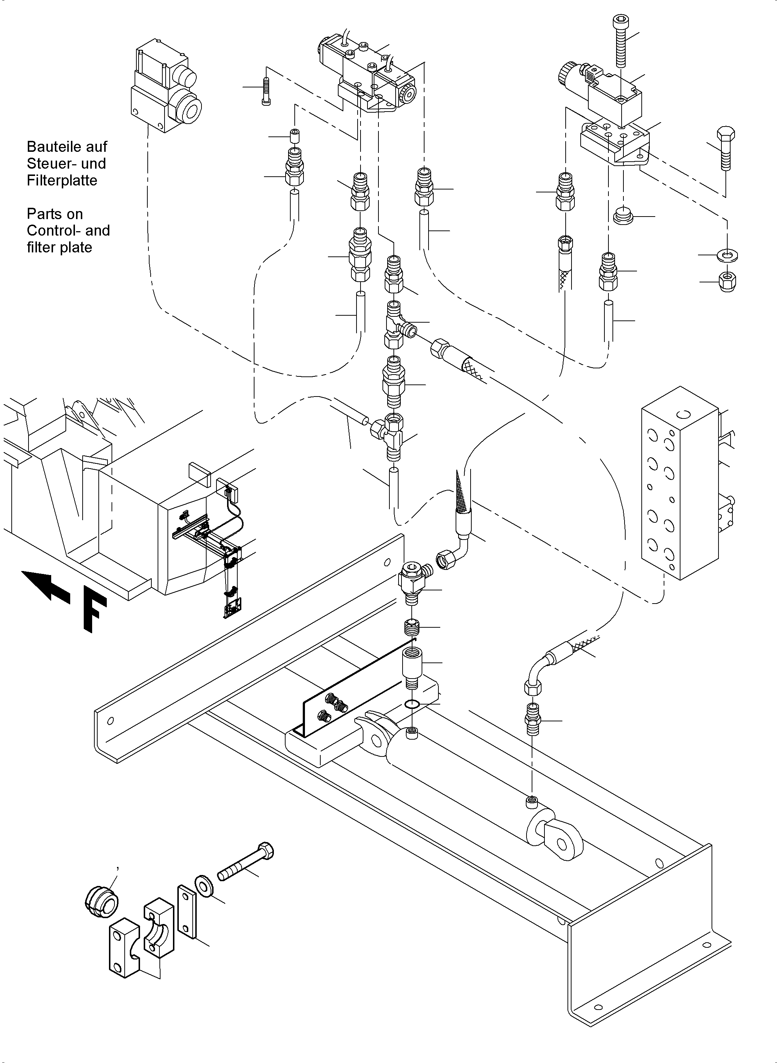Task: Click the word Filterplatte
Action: (62, 181)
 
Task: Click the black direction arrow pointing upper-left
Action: (46, 585)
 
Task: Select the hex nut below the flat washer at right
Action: (728, 282)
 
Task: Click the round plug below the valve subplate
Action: (624, 216)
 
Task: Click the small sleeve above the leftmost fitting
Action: (294, 136)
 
